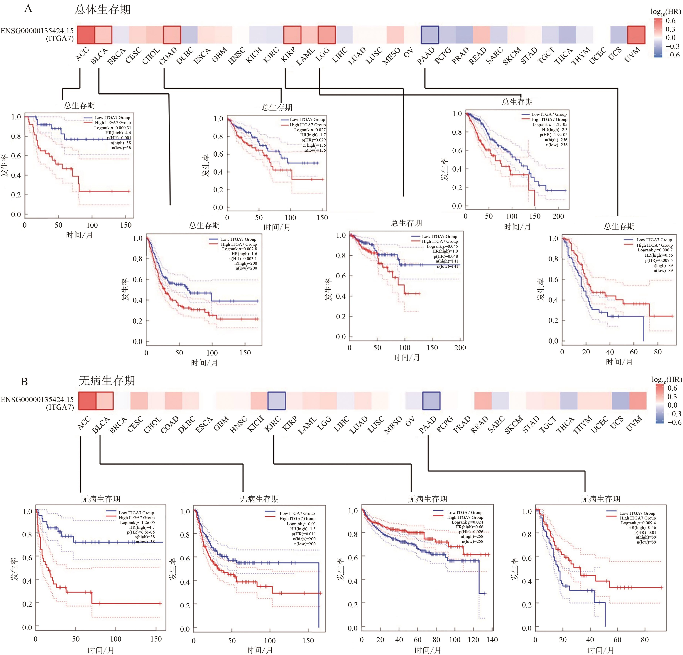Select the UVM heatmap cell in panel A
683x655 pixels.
[636, 35]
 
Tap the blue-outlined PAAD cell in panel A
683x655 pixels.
[430, 35]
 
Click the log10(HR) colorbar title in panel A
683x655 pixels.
[666, 12]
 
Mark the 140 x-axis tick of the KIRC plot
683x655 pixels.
[492, 640]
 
